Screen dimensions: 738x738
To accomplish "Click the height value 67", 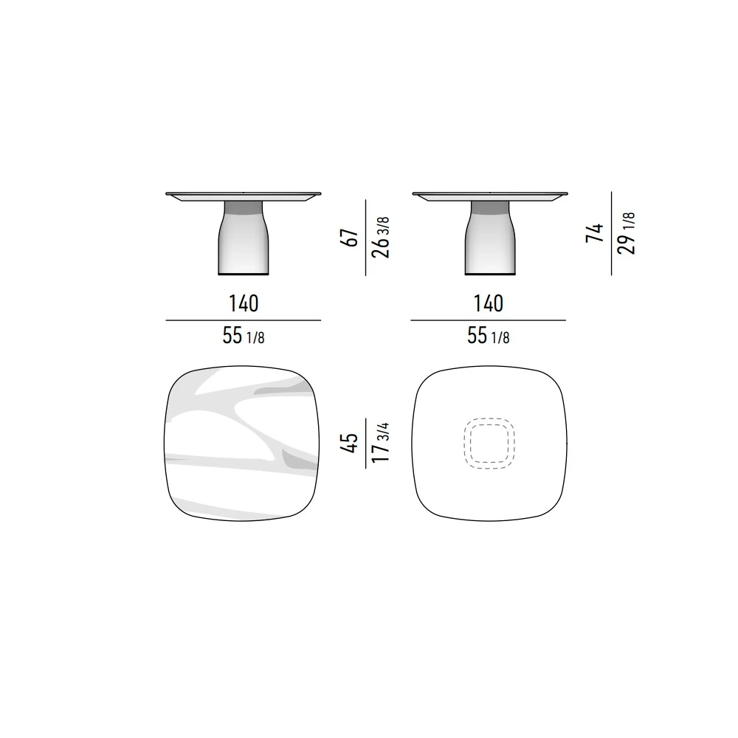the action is [x=349, y=238].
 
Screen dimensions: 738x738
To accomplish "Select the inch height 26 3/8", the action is [x=381, y=238].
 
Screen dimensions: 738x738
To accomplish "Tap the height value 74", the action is [x=595, y=233].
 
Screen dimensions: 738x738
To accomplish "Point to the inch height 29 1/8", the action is [x=627, y=233].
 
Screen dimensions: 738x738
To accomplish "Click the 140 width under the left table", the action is [x=244, y=303].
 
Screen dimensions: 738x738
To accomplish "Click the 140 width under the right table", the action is [x=488, y=303].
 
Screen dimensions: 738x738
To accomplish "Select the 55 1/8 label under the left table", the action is [x=244, y=336].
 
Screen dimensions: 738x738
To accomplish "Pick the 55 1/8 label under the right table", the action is [x=488, y=336].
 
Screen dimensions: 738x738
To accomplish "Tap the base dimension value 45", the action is [x=349, y=444].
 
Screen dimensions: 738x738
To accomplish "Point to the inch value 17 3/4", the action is [x=381, y=443].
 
